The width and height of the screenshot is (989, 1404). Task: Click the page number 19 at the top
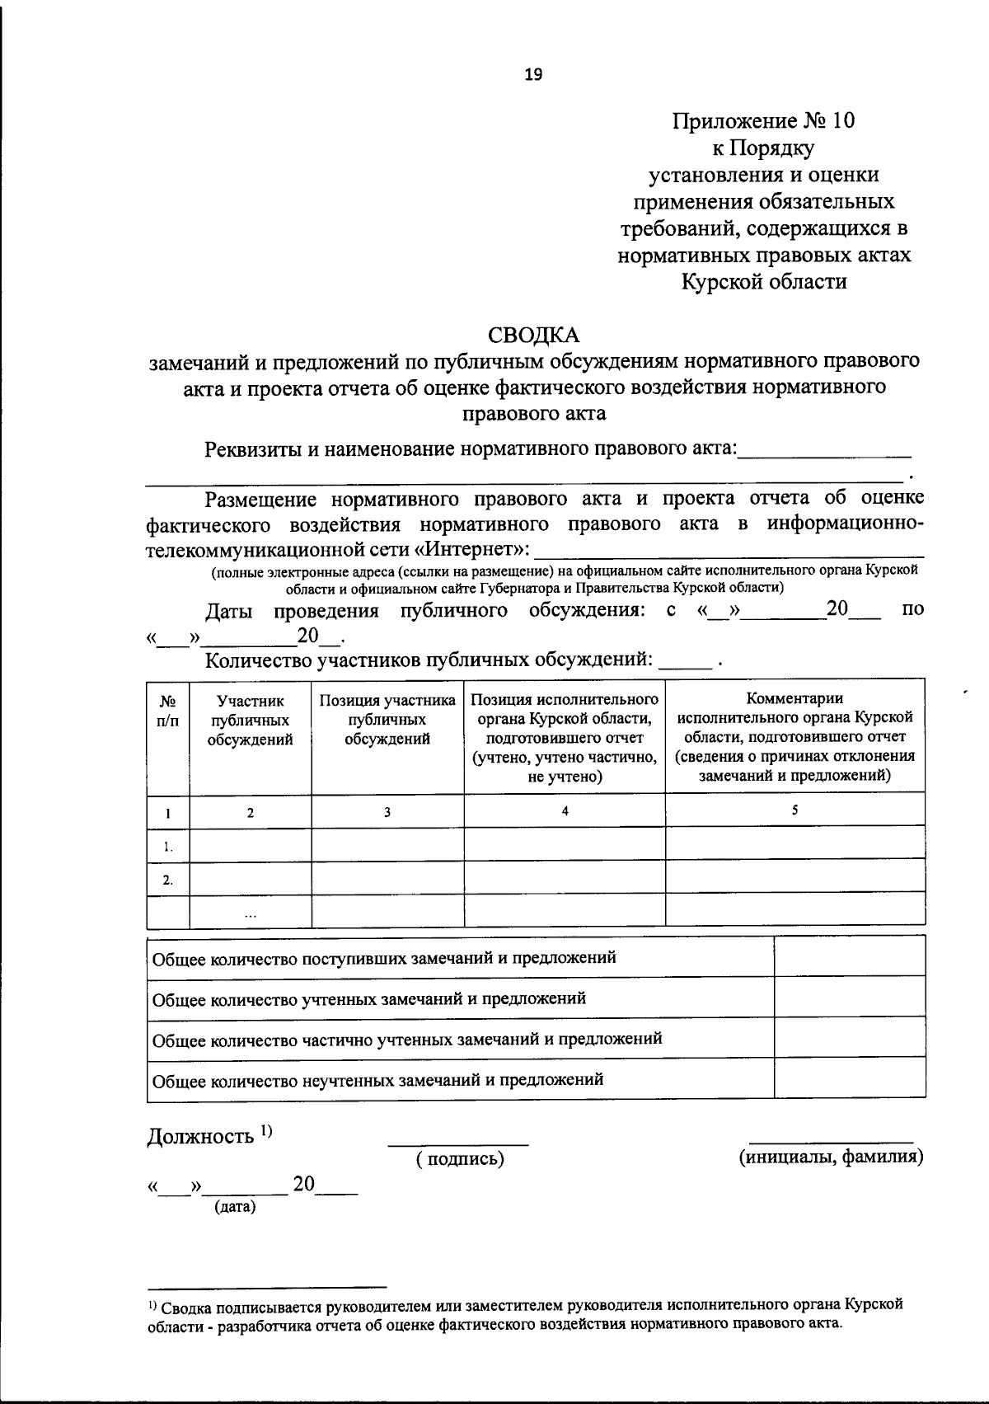[533, 75]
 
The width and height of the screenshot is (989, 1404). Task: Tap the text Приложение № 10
[764, 121]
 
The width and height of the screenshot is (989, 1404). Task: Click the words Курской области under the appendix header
[764, 282]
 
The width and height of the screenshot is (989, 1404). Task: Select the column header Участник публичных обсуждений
[250, 720]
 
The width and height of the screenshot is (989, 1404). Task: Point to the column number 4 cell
[565, 810]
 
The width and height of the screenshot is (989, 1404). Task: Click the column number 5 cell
[794, 810]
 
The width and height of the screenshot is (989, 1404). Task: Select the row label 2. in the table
[168, 880]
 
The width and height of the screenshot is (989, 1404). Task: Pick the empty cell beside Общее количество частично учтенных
[849, 1039]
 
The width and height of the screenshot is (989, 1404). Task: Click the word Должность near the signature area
[200, 1137]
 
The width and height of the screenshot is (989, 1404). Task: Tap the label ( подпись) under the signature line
[459, 1159]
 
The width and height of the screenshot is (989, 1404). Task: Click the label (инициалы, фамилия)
[830, 1157]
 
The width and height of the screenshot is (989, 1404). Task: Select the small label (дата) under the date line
[235, 1208]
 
